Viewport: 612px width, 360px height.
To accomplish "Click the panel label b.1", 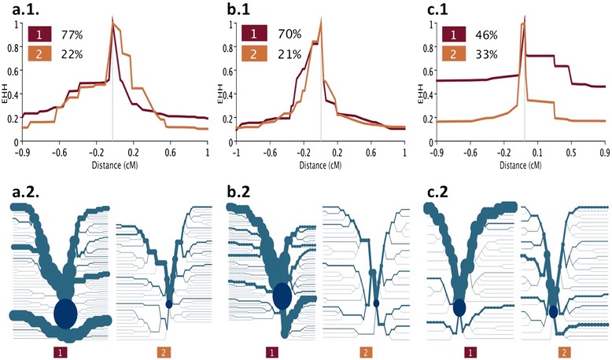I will [x=226, y=9].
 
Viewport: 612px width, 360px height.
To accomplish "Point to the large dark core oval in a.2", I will [x=65, y=313].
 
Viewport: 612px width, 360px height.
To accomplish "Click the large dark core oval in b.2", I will [x=281, y=296].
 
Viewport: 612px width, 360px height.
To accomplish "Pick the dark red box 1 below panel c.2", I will [x=470, y=351].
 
